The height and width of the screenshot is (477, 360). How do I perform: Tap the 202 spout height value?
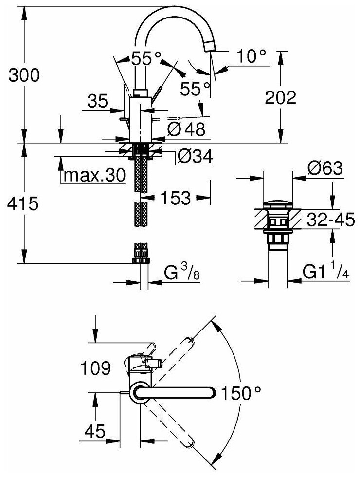coord(281,98)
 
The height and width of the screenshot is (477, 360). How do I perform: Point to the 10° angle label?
coord(252,57)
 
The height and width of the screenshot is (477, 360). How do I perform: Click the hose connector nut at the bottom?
coord(141,260)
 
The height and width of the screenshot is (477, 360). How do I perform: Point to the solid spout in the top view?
coord(175,392)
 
